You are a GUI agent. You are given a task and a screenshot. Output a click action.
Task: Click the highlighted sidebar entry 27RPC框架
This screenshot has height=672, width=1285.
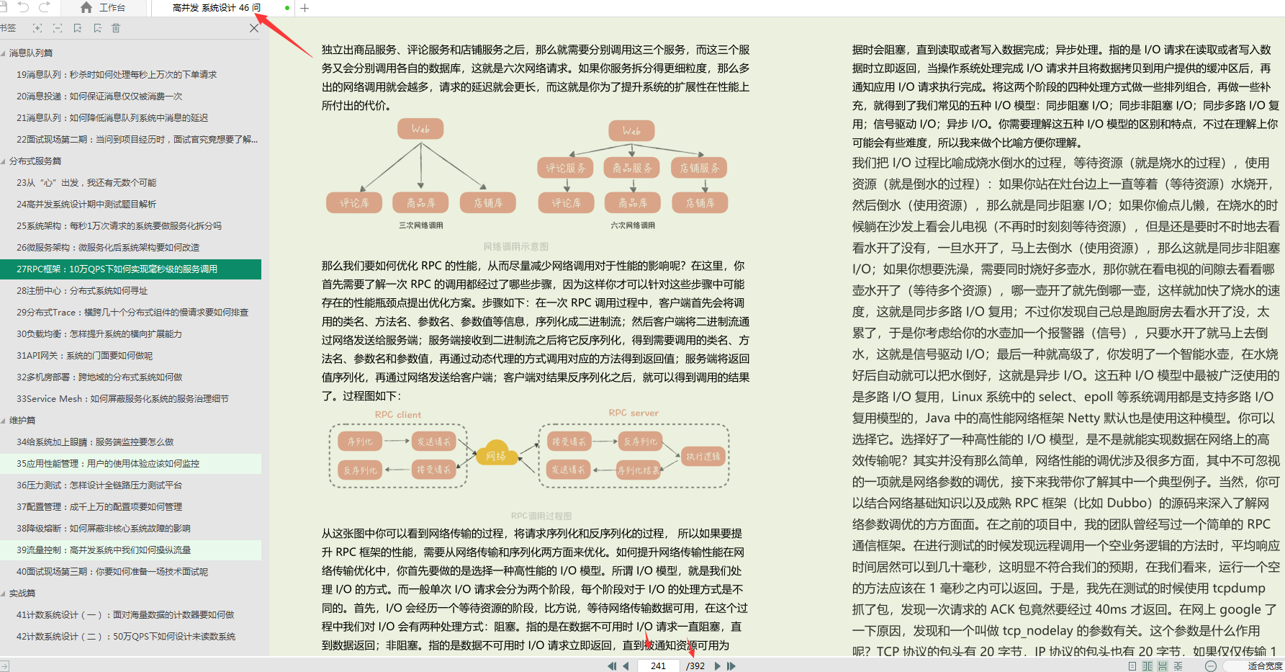click(117, 269)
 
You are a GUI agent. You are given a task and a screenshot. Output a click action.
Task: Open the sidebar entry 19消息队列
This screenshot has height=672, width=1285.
click(116, 74)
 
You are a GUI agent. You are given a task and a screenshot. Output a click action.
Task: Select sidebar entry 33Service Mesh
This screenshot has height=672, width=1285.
click(122, 398)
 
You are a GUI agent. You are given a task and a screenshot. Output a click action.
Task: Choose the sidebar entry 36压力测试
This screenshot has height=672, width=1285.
click(99, 485)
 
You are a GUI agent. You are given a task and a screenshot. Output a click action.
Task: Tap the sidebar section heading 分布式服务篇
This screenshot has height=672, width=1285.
click(35, 161)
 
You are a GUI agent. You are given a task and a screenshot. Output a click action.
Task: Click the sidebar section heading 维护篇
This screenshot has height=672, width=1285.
click(22, 420)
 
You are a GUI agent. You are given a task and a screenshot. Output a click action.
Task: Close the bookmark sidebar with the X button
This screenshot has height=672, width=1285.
click(253, 28)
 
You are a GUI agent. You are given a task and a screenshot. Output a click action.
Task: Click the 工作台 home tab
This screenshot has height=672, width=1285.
click(103, 8)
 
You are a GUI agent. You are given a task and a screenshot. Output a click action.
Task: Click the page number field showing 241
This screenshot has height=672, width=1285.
click(658, 666)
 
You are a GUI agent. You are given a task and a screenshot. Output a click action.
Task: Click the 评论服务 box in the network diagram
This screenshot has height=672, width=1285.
click(565, 168)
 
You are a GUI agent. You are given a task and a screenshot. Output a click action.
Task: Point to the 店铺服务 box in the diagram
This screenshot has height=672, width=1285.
click(699, 168)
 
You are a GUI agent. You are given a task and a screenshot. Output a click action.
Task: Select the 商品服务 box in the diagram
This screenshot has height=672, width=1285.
click(632, 168)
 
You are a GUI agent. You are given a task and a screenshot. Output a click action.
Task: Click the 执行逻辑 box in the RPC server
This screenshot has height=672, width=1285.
click(703, 456)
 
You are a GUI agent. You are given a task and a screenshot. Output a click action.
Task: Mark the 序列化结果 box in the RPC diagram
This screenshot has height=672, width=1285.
click(639, 470)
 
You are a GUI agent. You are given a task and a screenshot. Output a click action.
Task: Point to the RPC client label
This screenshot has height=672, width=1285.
click(398, 415)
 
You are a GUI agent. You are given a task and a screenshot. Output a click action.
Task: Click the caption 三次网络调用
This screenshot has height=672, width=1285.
click(421, 225)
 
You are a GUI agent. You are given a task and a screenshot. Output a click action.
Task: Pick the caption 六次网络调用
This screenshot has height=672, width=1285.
click(633, 225)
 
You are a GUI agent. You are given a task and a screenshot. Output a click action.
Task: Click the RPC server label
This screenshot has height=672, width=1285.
click(634, 413)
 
